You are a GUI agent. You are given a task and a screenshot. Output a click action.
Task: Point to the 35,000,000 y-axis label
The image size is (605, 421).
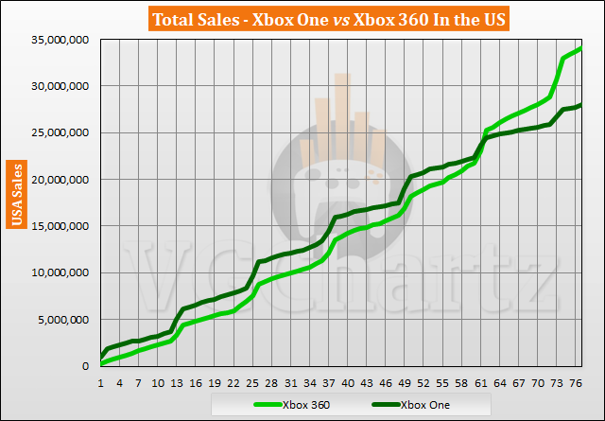(59, 40)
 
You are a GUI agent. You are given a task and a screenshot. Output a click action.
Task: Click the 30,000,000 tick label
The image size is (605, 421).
(59, 86)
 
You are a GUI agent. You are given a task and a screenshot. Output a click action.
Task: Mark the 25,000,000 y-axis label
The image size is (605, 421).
(59, 132)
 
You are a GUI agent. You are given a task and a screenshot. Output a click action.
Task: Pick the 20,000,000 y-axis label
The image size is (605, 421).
(59, 180)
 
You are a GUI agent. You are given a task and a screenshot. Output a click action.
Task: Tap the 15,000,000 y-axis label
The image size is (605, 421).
(59, 226)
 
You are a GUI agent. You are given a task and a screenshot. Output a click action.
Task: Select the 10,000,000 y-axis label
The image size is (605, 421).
(59, 272)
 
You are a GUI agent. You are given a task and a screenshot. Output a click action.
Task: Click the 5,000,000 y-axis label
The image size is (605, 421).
(62, 320)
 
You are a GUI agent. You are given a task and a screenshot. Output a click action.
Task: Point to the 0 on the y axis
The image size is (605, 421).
(89, 366)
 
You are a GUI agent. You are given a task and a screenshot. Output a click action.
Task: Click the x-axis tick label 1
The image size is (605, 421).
(101, 383)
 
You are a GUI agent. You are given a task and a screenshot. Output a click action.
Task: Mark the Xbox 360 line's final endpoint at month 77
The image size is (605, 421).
(580, 48)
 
